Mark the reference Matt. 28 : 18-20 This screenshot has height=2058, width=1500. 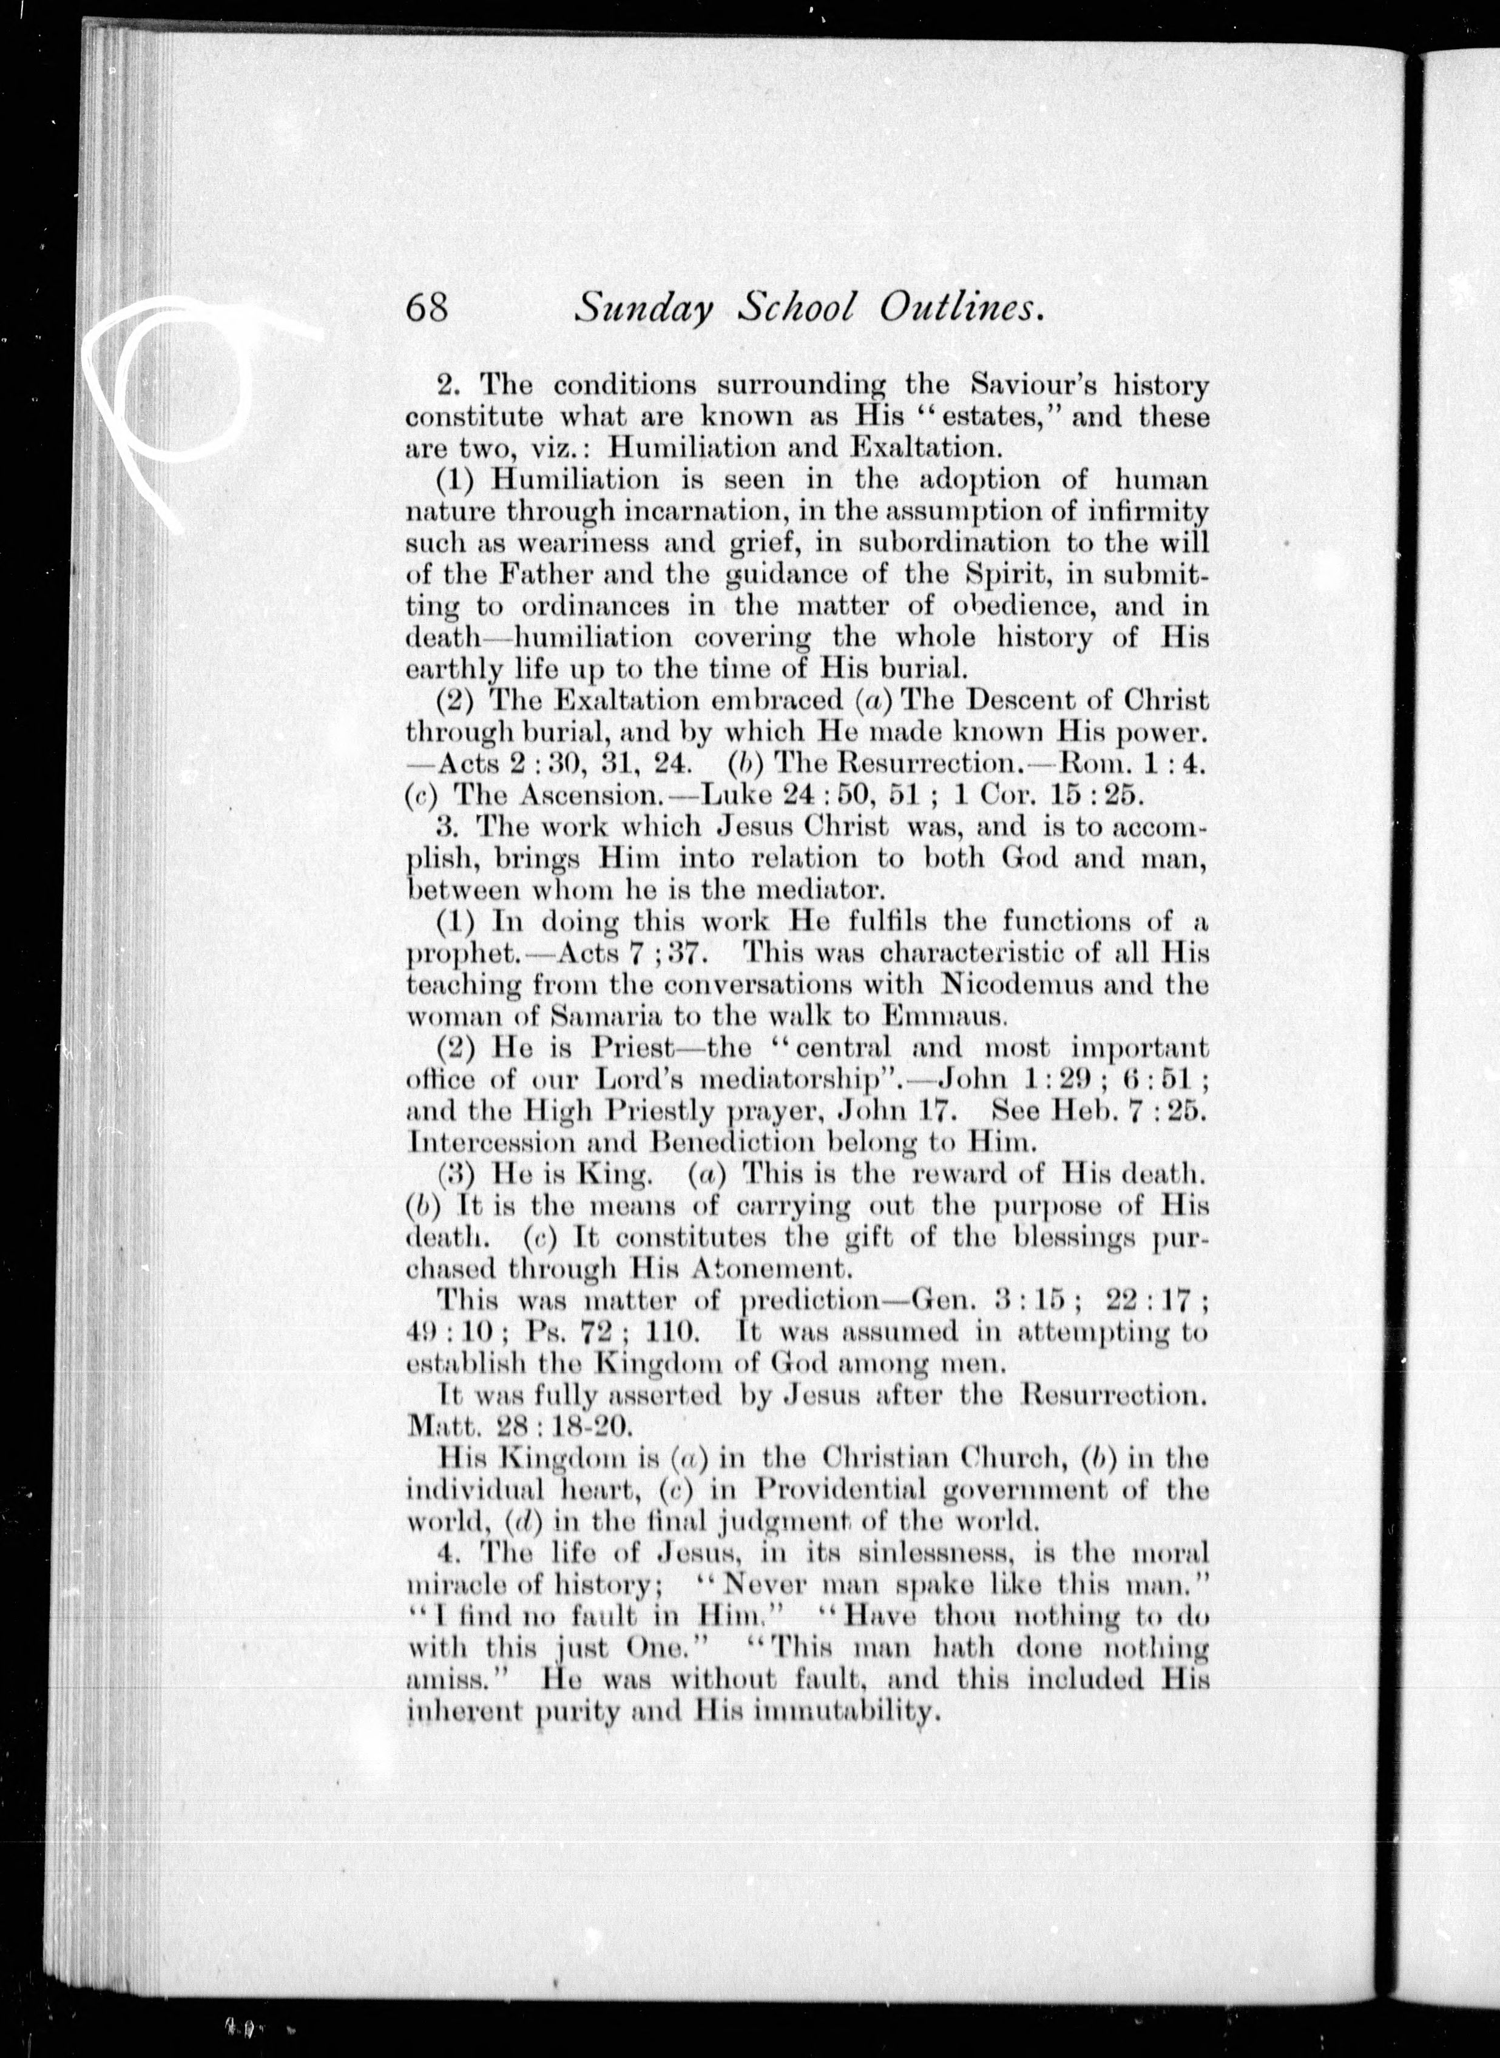pos(518,1425)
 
